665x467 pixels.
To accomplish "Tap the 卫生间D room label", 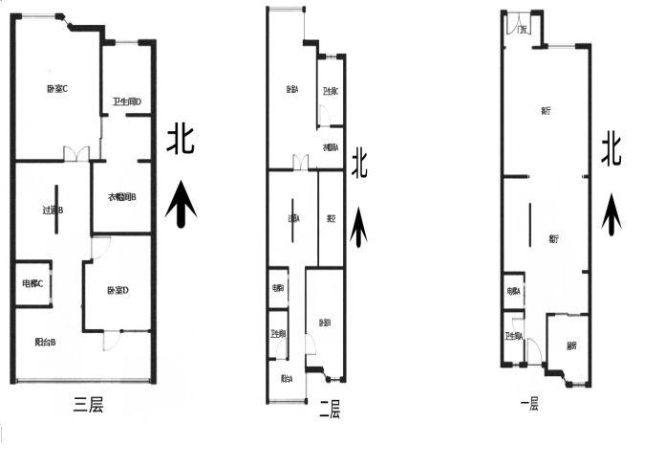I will pos(126,101).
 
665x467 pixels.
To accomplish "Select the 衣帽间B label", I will pos(121,198).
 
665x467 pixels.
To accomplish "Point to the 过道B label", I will pos(53,210).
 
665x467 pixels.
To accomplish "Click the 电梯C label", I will pos(33,282).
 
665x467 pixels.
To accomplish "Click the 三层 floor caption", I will pos(88,405).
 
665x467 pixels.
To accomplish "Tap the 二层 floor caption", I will pos(329,411).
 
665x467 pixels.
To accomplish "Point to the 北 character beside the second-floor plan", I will pos(359,162).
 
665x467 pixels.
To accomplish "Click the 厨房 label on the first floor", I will pos(570,345).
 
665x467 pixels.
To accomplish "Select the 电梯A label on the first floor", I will pos(513,291).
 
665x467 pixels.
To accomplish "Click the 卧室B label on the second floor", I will pos(325,322).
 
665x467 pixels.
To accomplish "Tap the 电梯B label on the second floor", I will pos(277,287).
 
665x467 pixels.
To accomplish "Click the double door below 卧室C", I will pos(76,153).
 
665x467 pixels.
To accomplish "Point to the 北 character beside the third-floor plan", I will pos(182,139).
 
